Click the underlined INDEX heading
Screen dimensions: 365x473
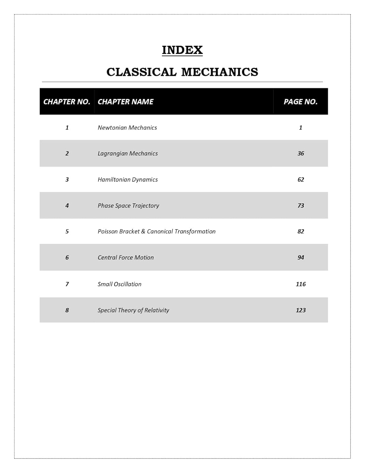182,50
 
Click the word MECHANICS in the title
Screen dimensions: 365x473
220,72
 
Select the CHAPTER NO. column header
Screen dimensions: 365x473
67,102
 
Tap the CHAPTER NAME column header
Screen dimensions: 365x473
125,102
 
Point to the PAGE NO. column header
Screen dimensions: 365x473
300,102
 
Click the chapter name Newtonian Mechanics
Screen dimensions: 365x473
127,128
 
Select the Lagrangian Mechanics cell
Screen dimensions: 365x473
128,154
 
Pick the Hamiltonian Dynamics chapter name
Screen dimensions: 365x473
128,179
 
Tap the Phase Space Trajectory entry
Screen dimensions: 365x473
128,206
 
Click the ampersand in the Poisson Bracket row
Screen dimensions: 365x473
143,231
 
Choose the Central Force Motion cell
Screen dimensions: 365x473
126,258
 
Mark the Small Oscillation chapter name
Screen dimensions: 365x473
119,284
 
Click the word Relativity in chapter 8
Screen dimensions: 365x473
157,310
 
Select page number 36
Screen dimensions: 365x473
301,154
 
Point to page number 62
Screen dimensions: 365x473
301,179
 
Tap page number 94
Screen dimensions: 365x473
301,258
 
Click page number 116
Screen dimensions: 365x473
301,284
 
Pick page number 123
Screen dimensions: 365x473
301,310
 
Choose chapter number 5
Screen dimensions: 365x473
67,231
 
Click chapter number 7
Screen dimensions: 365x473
67,284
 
